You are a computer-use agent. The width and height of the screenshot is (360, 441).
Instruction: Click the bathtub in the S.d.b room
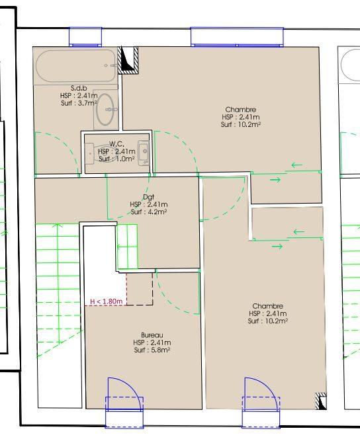point(76,66)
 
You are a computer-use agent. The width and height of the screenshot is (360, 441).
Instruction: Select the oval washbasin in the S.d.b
point(105,110)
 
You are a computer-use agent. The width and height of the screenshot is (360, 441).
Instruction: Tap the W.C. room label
point(116,143)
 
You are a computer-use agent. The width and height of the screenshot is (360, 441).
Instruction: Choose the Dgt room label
point(148,197)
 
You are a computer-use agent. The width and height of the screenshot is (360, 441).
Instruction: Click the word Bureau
point(152,335)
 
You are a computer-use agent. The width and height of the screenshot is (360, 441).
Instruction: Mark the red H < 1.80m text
point(107,301)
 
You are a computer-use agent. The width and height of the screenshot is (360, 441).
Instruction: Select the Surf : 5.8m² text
point(152,350)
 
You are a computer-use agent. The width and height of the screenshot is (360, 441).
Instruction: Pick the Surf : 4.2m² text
point(148,212)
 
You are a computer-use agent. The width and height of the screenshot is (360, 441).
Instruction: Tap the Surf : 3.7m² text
point(79,103)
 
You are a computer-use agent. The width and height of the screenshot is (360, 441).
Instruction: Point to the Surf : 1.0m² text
point(116,159)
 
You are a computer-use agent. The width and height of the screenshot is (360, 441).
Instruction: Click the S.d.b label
point(79,88)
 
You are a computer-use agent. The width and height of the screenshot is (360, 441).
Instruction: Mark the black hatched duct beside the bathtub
point(127,59)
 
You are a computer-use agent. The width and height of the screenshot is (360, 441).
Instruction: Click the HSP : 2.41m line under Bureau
point(152,342)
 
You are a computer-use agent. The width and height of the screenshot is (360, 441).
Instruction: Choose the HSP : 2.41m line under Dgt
point(148,204)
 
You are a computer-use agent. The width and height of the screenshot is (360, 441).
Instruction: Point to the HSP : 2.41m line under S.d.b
point(79,96)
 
